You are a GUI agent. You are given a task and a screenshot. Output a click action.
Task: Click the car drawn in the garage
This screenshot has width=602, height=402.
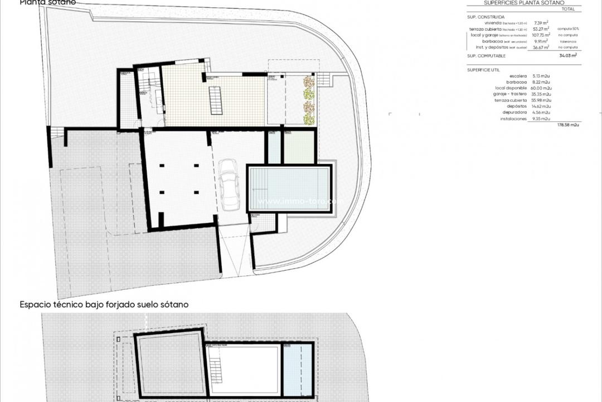pyautogui.click(x=229, y=185)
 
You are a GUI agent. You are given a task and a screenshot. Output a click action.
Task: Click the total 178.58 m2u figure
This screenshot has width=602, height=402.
pyautogui.click(x=568, y=125)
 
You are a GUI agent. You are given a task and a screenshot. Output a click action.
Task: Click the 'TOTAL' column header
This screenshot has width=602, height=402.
pyautogui.click(x=569, y=9)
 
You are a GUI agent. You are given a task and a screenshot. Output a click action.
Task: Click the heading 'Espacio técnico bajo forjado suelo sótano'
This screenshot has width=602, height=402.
pyautogui.click(x=104, y=305)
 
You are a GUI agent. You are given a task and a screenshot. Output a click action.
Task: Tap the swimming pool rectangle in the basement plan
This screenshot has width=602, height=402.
pyautogui.click(x=289, y=188)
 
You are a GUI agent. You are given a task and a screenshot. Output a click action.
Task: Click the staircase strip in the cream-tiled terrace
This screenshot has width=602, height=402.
pyautogui.click(x=216, y=100)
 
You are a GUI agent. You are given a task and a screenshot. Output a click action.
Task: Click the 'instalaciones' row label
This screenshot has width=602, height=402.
pyautogui.click(x=513, y=118)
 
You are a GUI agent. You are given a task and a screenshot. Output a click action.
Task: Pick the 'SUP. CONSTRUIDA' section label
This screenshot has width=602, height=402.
pyautogui.click(x=486, y=17)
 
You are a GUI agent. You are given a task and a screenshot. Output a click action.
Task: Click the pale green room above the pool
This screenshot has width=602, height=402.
pyautogui.click(x=300, y=147)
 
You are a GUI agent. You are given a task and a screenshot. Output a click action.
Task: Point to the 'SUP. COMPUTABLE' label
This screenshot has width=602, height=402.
pyautogui.click(x=487, y=56)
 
